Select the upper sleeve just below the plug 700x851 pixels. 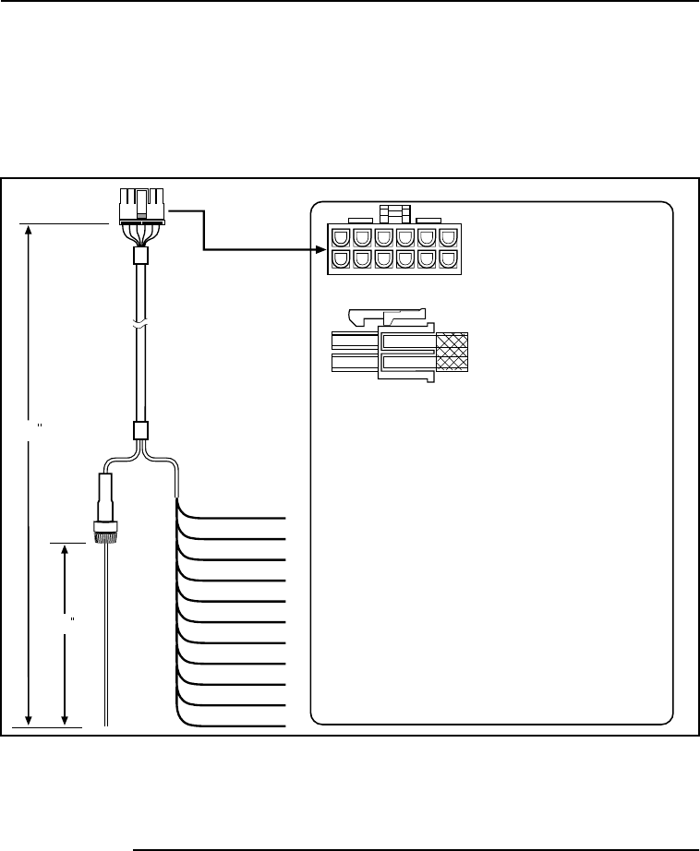(140, 256)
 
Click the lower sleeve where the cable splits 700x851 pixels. (140, 430)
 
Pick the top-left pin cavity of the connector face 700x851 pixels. (338, 238)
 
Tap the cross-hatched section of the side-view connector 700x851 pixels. (452, 351)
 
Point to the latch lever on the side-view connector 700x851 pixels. (388, 318)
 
